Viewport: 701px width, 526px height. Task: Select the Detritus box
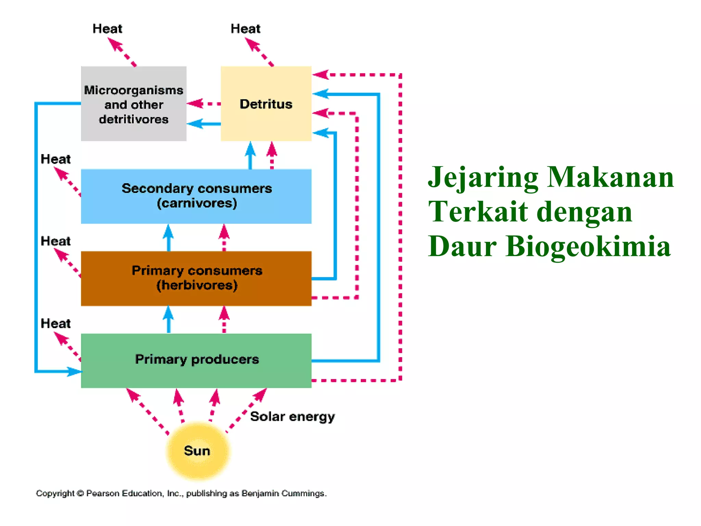[x=266, y=104]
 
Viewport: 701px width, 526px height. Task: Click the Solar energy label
[x=292, y=417]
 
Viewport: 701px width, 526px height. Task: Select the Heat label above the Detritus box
[x=245, y=29]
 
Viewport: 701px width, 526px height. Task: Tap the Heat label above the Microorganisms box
[x=107, y=29]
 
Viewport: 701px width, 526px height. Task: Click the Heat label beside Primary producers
[x=55, y=324]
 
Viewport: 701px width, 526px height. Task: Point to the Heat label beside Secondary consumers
[x=55, y=159]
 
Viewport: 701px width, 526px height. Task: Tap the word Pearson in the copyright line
[x=102, y=493]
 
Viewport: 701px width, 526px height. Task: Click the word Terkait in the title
[x=478, y=212]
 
